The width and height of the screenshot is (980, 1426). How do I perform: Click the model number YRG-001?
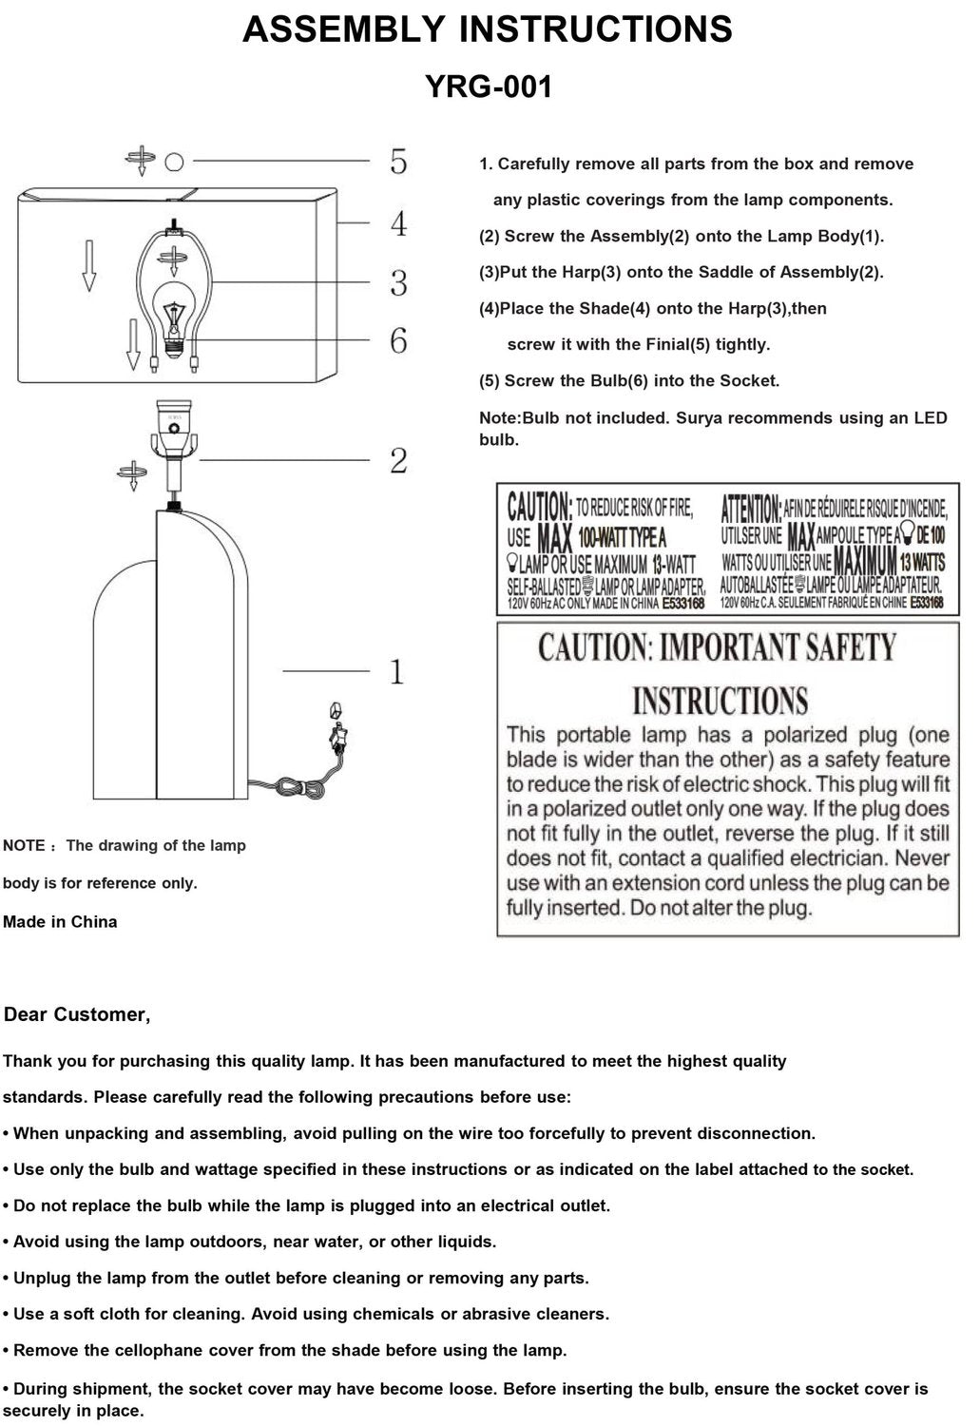coord(488,87)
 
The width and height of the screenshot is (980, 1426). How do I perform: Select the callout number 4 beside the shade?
coord(398,224)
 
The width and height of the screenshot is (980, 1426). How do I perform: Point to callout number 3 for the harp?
coord(398,282)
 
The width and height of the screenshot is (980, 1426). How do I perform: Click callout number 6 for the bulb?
coord(398,340)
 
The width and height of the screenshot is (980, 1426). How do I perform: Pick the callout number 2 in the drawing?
coord(398,461)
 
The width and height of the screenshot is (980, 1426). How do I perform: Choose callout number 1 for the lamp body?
coord(396,672)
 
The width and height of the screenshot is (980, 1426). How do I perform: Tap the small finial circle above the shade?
coord(174,162)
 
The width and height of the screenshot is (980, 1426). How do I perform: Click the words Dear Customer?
coord(77,1014)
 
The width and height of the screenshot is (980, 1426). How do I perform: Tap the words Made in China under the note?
coord(60,921)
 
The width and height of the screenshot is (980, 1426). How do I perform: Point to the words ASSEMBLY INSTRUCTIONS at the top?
coord(488,29)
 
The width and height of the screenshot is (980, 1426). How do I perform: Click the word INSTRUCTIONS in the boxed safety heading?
coord(720,702)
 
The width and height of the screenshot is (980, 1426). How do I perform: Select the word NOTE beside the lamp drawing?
coord(24,846)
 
